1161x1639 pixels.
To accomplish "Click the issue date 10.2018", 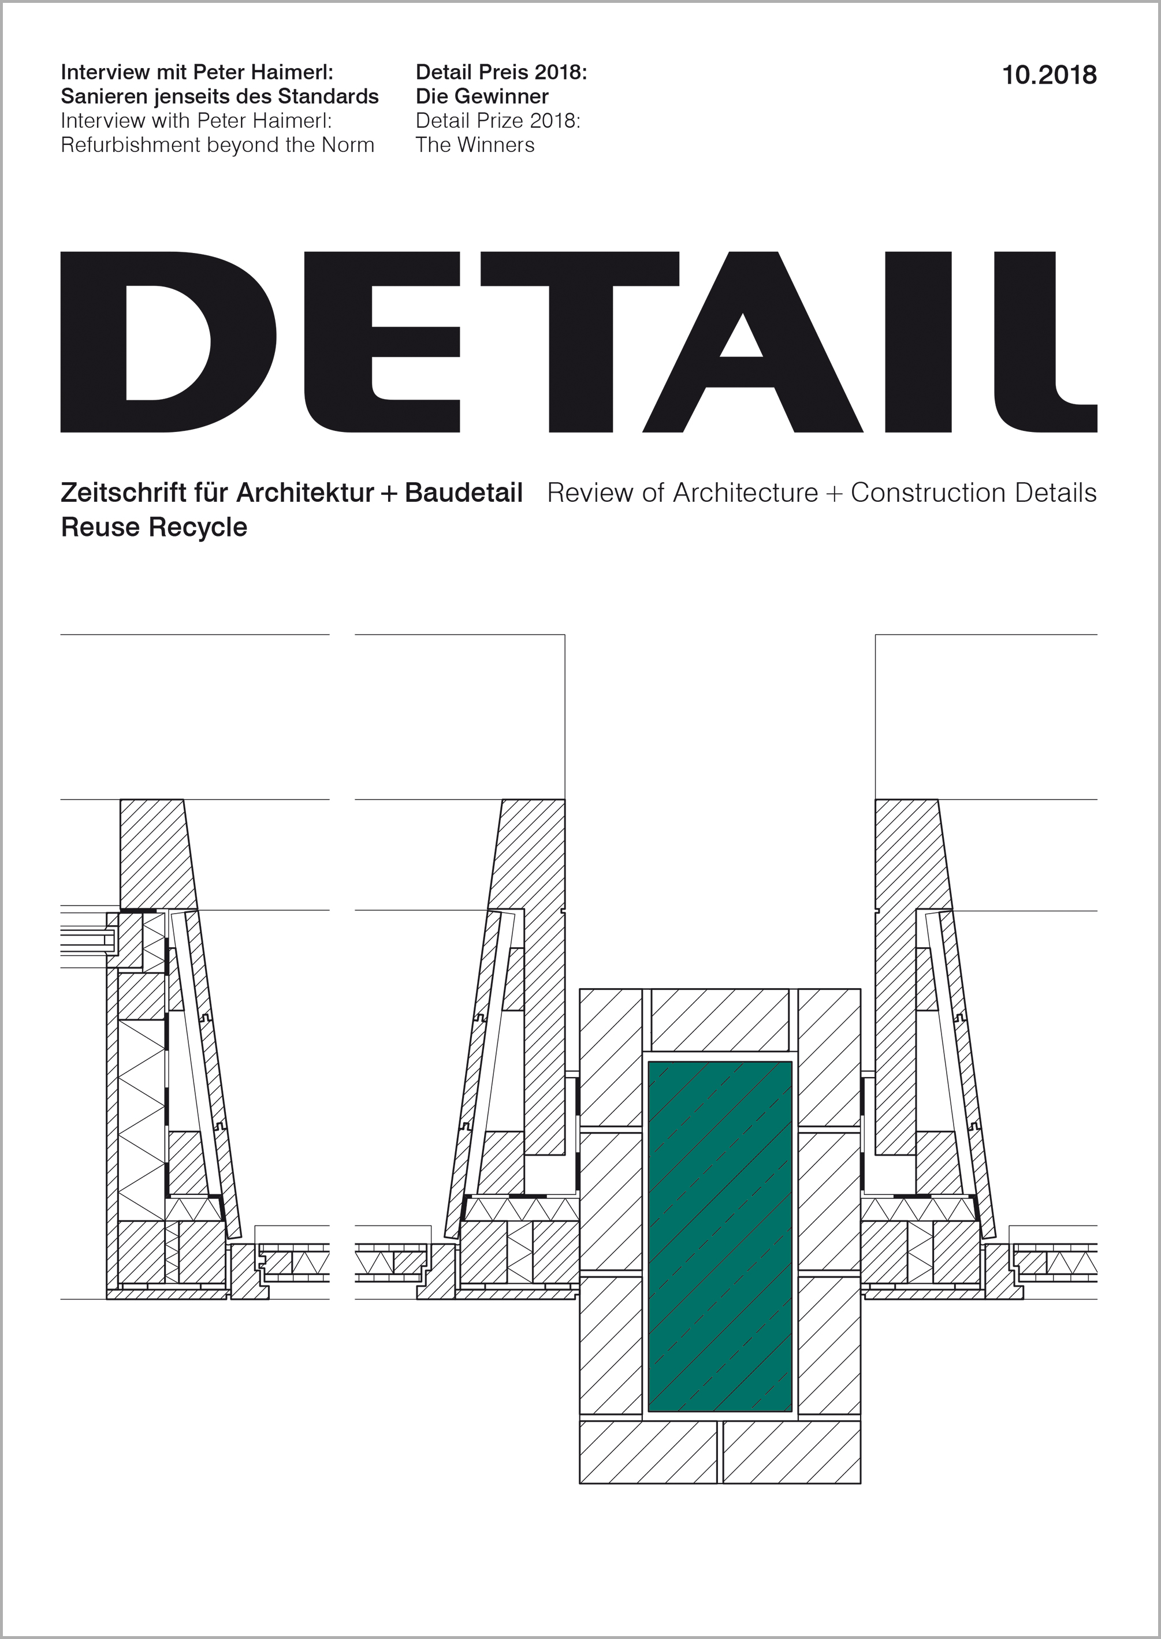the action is tap(1049, 75).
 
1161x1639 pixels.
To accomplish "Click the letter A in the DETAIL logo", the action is tap(752, 342).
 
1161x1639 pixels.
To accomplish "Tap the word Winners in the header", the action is tap(496, 145).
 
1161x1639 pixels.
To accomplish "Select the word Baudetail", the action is tap(463, 493).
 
